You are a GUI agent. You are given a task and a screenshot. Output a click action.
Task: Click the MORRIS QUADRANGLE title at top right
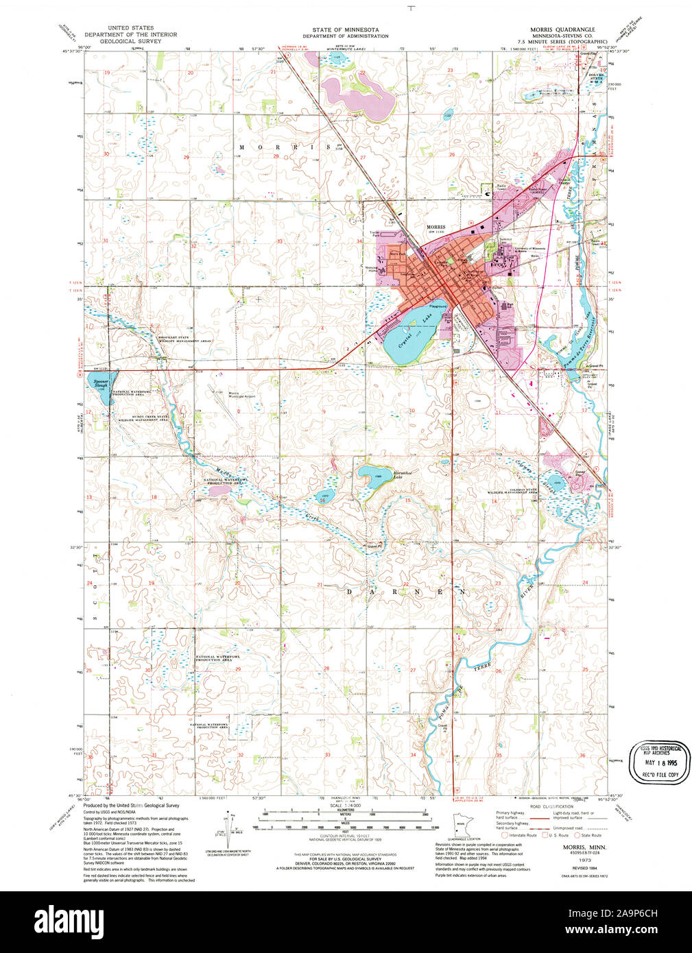(562, 29)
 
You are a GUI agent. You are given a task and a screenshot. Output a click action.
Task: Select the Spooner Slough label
(101, 384)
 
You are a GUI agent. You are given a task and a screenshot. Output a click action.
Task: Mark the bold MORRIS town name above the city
(436, 227)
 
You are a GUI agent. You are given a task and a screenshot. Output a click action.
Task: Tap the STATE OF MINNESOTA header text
(345, 30)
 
